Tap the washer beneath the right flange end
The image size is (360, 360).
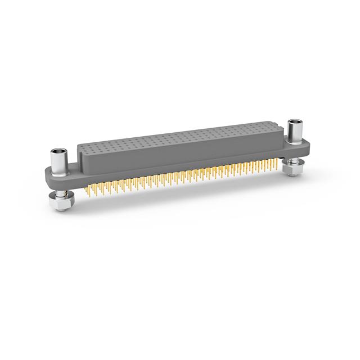point(292,163)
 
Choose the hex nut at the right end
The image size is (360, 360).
point(292,169)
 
